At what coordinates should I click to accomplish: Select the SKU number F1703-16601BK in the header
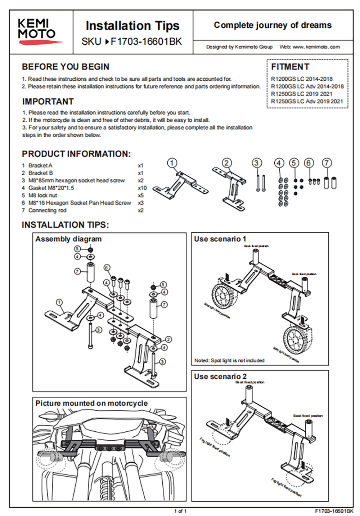point(146,42)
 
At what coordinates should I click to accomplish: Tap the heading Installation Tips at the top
point(132,26)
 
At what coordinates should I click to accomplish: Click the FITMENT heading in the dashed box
point(290,67)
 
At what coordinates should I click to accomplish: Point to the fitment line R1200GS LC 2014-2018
point(302,79)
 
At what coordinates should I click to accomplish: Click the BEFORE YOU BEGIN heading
point(66,67)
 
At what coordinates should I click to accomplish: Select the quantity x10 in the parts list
point(142,188)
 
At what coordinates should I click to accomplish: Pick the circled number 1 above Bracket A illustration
point(172,163)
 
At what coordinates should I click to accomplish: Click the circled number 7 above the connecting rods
point(327,163)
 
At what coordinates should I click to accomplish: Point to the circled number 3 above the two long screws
point(256,163)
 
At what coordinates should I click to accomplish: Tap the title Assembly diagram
point(68,239)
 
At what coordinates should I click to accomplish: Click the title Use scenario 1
point(220,239)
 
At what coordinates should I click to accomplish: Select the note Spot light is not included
point(229,360)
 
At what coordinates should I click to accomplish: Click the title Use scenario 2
point(220,377)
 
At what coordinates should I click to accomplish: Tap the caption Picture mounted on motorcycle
point(91,403)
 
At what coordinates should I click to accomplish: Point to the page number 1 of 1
point(180,511)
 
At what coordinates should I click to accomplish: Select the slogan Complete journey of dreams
point(273,25)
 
